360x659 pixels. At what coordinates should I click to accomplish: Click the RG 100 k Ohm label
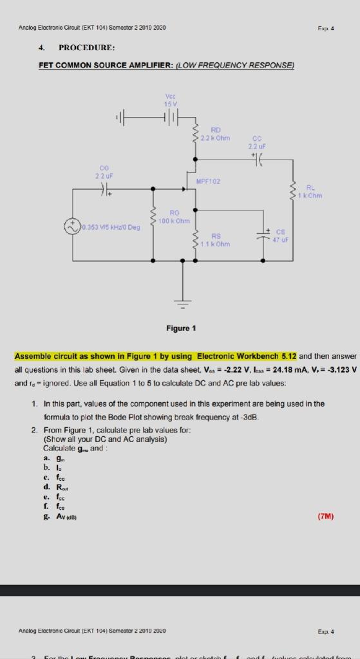click(x=174, y=216)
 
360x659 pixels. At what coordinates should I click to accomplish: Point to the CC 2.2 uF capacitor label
click(x=257, y=141)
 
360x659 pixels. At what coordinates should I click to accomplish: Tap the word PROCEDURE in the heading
click(x=86, y=48)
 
